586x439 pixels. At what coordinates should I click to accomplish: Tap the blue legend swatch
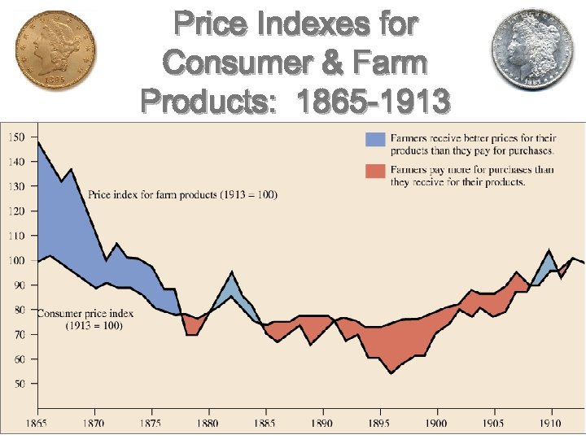pos(374,138)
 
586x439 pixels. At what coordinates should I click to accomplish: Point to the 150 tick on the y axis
pos(16,137)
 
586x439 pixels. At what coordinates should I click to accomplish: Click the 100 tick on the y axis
pos(16,260)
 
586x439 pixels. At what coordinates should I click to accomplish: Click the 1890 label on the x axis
pos(323,423)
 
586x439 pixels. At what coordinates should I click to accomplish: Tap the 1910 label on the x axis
pos(551,423)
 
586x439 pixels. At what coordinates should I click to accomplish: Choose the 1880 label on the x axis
pos(209,423)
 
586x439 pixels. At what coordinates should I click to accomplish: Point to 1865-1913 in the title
pos(373,102)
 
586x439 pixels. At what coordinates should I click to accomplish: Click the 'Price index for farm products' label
pos(183,195)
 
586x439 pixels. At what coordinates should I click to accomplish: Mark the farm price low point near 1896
pos(391,373)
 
